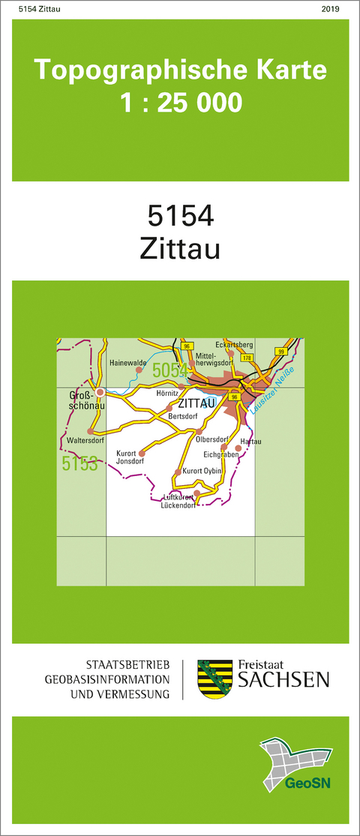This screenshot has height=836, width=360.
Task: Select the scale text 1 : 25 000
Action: coord(181,101)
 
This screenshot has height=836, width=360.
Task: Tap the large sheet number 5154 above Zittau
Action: coord(181,216)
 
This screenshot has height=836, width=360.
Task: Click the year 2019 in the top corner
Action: coord(330,9)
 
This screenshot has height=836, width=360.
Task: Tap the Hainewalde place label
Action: coord(127,362)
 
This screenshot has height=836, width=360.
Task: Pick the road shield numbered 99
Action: coord(280,351)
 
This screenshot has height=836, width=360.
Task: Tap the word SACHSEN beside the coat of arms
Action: coord(283,680)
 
